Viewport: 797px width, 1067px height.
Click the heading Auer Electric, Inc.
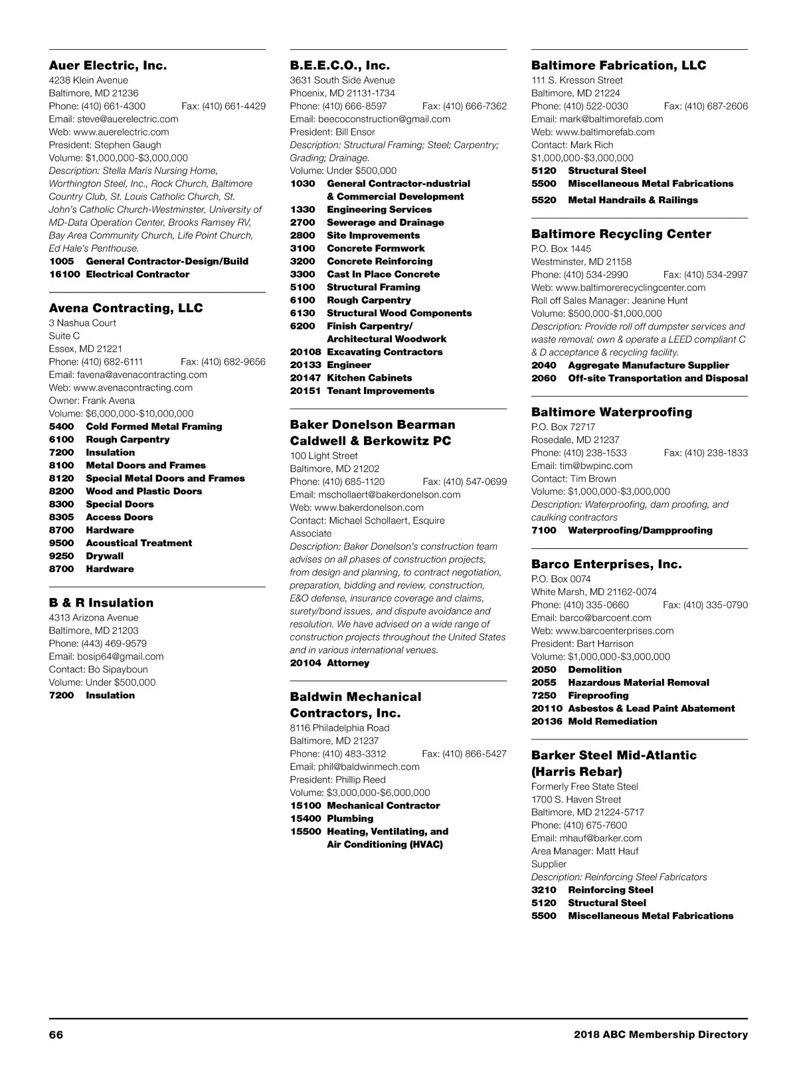click(108, 65)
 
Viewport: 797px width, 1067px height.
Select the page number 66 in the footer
click(56, 1034)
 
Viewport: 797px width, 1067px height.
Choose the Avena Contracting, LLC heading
click(126, 308)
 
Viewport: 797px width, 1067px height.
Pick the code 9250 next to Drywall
click(61, 556)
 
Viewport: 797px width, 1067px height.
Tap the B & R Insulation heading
click(101, 603)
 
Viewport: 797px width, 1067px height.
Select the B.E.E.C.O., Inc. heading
click(339, 65)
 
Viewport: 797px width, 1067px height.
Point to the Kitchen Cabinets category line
click(369, 378)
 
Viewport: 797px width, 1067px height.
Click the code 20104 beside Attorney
click(305, 663)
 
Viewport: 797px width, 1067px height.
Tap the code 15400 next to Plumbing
click(305, 819)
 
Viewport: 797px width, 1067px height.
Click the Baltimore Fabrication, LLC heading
click(618, 65)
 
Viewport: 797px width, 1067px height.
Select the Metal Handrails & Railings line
click(632, 200)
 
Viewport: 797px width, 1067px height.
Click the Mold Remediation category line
click(612, 722)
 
